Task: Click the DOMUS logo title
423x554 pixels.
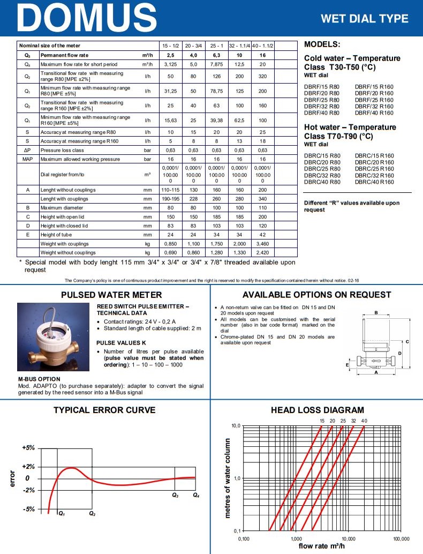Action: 82,18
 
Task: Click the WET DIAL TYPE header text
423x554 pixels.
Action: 364,19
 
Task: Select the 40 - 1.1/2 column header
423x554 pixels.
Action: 262,46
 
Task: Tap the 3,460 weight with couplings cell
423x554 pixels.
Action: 262,244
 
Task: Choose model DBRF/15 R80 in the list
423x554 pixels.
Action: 322,86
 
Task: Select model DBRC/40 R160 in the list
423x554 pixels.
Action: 374,182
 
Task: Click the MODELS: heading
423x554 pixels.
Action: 322,44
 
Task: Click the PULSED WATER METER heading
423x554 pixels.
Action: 111,295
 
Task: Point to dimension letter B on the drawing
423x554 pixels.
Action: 376,313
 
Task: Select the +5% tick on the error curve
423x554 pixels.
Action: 28,447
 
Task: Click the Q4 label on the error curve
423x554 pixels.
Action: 196,495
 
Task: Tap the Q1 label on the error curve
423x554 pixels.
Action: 62,514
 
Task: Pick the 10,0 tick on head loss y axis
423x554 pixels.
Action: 236,426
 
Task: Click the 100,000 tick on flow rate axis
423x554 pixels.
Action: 401,538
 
